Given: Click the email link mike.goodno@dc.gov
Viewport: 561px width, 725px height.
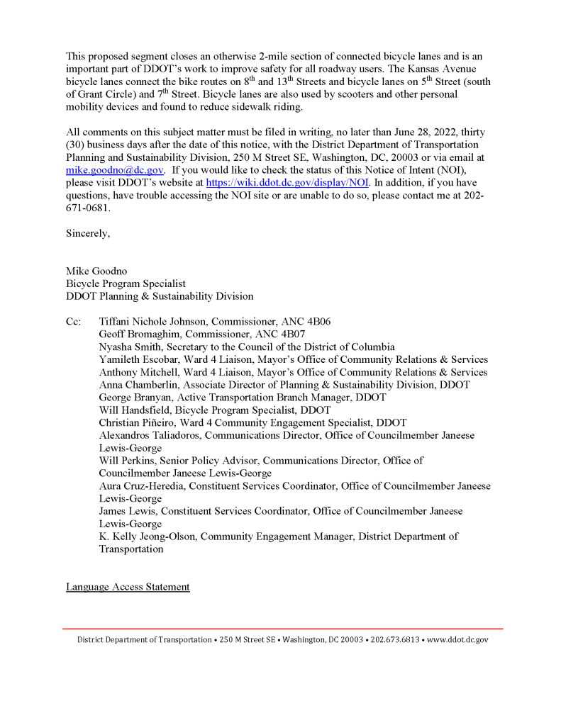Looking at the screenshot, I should pyautogui.click(x=114, y=171).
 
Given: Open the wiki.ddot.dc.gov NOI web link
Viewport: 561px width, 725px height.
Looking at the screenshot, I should pyautogui.click(x=287, y=184).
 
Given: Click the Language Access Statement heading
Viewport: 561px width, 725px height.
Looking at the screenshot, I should pyautogui.click(x=128, y=588).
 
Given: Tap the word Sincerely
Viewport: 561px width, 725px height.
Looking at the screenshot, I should pyautogui.click(x=88, y=234).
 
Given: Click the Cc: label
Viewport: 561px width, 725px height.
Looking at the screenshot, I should pyautogui.click(x=74, y=322).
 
